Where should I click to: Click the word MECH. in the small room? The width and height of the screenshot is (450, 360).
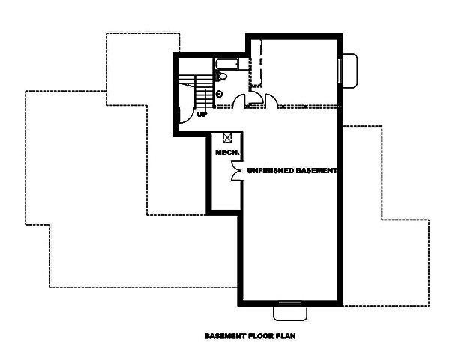pyautogui.click(x=226, y=153)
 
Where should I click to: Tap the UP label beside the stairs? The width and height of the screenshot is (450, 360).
pyautogui.click(x=202, y=115)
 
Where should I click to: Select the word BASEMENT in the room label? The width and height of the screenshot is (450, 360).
pyautogui.click(x=317, y=171)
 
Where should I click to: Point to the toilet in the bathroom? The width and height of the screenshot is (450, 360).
pyautogui.click(x=221, y=77)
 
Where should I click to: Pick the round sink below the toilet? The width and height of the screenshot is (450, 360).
pyautogui.click(x=218, y=94)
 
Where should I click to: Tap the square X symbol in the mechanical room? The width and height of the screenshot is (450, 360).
pyautogui.click(x=228, y=137)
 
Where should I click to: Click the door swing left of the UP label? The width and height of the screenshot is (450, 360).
pyautogui.click(x=184, y=115)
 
